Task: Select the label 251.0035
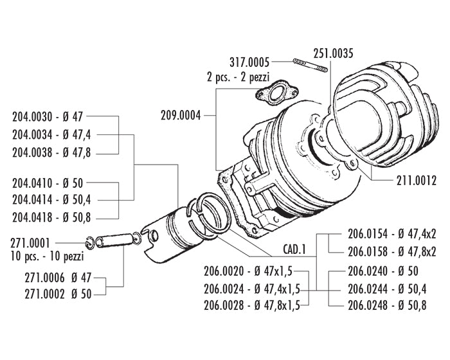333,53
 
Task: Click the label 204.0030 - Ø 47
48,117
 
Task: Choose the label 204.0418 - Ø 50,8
52,217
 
